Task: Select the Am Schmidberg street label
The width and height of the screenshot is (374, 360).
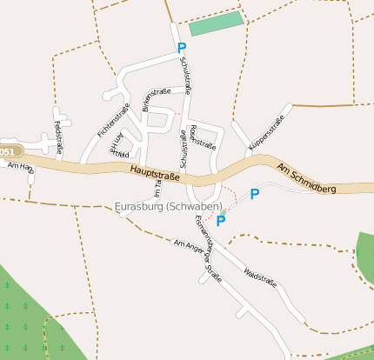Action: coord(306,177)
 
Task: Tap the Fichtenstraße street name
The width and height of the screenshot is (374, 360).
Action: coord(107,123)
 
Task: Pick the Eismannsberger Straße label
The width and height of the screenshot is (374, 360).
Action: coord(205,246)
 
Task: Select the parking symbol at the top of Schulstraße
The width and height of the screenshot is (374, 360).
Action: coord(181,49)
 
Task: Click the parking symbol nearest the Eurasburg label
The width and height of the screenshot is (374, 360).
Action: coord(221,221)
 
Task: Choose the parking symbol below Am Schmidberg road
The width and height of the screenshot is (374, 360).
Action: coord(254,194)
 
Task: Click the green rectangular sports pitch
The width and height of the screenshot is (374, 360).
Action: coord(216,24)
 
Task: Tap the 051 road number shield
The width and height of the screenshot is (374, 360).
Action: coord(7,151)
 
